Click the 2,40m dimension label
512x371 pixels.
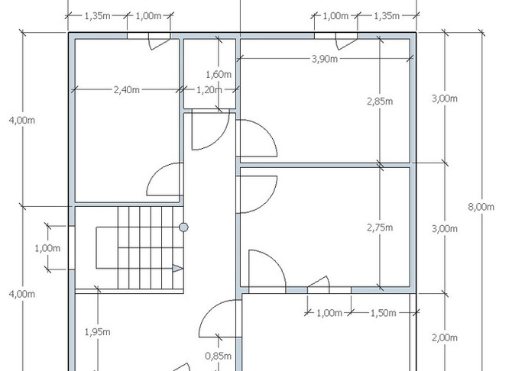[127, 89]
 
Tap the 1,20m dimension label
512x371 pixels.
[209, 89]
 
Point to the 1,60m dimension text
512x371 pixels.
[219, 74]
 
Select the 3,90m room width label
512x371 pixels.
[325, 59]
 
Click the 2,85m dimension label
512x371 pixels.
[380, 102]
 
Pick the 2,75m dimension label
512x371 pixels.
[380, 227]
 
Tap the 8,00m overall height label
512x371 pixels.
[481, 207]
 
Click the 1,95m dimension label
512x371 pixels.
[97, 332]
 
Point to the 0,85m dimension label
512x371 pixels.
[218, 356]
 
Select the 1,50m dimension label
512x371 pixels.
[383, 313]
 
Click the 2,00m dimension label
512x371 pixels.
[445, 337]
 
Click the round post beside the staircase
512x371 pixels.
[183, 227]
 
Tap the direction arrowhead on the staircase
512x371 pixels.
[177, 269]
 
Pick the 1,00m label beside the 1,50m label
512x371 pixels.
[329, 313]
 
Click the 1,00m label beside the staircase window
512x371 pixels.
[47, 248]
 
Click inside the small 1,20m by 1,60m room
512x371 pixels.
[209, 74]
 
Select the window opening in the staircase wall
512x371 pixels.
[72, 247]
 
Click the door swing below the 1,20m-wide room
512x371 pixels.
[211, 130]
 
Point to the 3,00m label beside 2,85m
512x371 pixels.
[445, 98]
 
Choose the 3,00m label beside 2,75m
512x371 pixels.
[445, 229]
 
